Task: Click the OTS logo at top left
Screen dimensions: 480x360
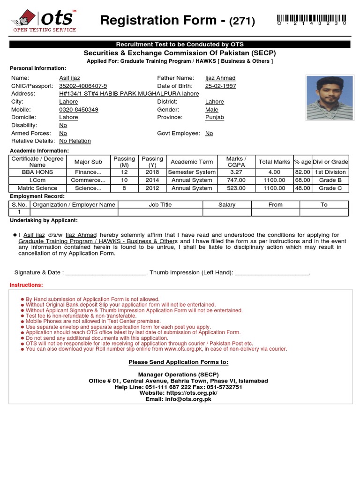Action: tap(43, 21)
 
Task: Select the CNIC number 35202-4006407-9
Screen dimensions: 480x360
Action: tap(83, 86)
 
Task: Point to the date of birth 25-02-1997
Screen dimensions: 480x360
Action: tap(220, 86)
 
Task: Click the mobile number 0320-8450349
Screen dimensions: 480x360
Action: tap(79, 109)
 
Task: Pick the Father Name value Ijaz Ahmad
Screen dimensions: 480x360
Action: tap(220, 78)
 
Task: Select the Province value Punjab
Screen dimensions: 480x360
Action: tap(215, 117)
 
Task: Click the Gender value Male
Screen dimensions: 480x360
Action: tap(212, 109)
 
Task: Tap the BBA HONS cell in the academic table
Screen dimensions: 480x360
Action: tap(37, 172)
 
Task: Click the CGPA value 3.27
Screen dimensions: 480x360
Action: tap(236, 172)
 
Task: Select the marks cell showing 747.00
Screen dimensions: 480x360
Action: tap(236, 180)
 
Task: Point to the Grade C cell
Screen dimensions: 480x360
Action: tap(330, 188)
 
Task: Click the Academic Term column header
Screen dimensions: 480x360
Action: tap(192, 162)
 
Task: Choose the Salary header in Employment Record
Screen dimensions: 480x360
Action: tap(227, 204)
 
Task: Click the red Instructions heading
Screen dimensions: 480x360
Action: tap(26, 285)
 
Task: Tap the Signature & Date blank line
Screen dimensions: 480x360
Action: tap(106, 273)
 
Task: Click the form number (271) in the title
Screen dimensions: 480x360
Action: tap(242, 21)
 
